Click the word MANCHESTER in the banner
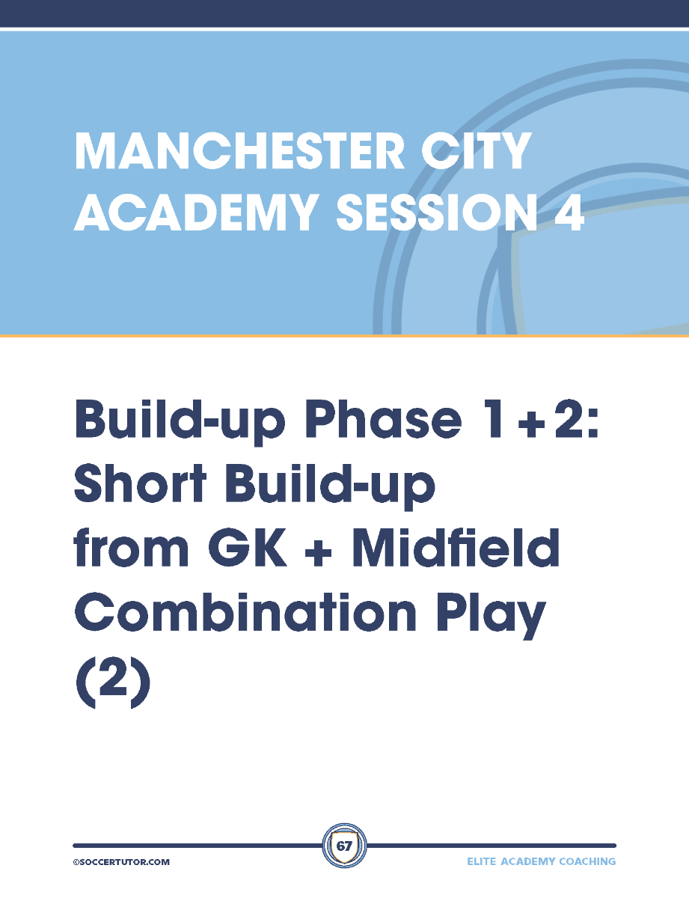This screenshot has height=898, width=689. pyautogui.click(x=239, y=151)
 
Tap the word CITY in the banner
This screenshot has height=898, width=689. pyautogui.click(x=476, y=151)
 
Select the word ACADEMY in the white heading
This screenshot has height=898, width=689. pyautogui.click(x=196, y=212)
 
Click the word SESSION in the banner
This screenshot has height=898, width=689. pyautogui.click(x=436, y=212)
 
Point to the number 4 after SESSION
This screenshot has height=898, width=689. pyautogui.click(x=569, y=212)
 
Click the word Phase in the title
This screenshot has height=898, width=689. pyautogui.click(x=383, y=418)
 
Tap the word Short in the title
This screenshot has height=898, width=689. pyautogui.click(x=140, y=482)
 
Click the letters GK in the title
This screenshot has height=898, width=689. pyautogui.click(x=248, y=547)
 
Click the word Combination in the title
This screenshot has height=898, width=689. pyautogui.click(x=245, y=611)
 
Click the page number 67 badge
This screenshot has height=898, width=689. pyautogui.click(x=344, y=846)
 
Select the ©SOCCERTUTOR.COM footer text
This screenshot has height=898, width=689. pyautogui.click(x=121, y=862)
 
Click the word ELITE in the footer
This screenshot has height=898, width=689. pyautogui.click(x=481, y=861)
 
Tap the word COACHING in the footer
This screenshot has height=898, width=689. pyautogui.click(x=587, y=861)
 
